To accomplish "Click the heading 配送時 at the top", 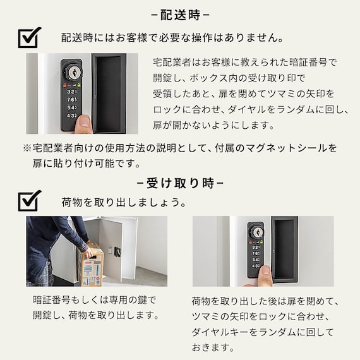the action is (180, 15).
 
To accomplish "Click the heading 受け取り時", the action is (180, 183).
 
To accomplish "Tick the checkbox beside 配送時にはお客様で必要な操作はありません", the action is (30, 38).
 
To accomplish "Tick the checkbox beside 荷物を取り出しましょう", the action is (30, 201).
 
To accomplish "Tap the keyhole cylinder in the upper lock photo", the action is (73, 73).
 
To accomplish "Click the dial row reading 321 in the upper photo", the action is (72, 92).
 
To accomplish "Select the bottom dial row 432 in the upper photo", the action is (72, 115).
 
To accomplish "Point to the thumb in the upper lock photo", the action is (83, 124).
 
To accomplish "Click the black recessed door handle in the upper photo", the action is (109, 93).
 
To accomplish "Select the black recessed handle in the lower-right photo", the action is (285, 249).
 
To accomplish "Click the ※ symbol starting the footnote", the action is (27, 148).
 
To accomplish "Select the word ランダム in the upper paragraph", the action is (295, 109).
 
